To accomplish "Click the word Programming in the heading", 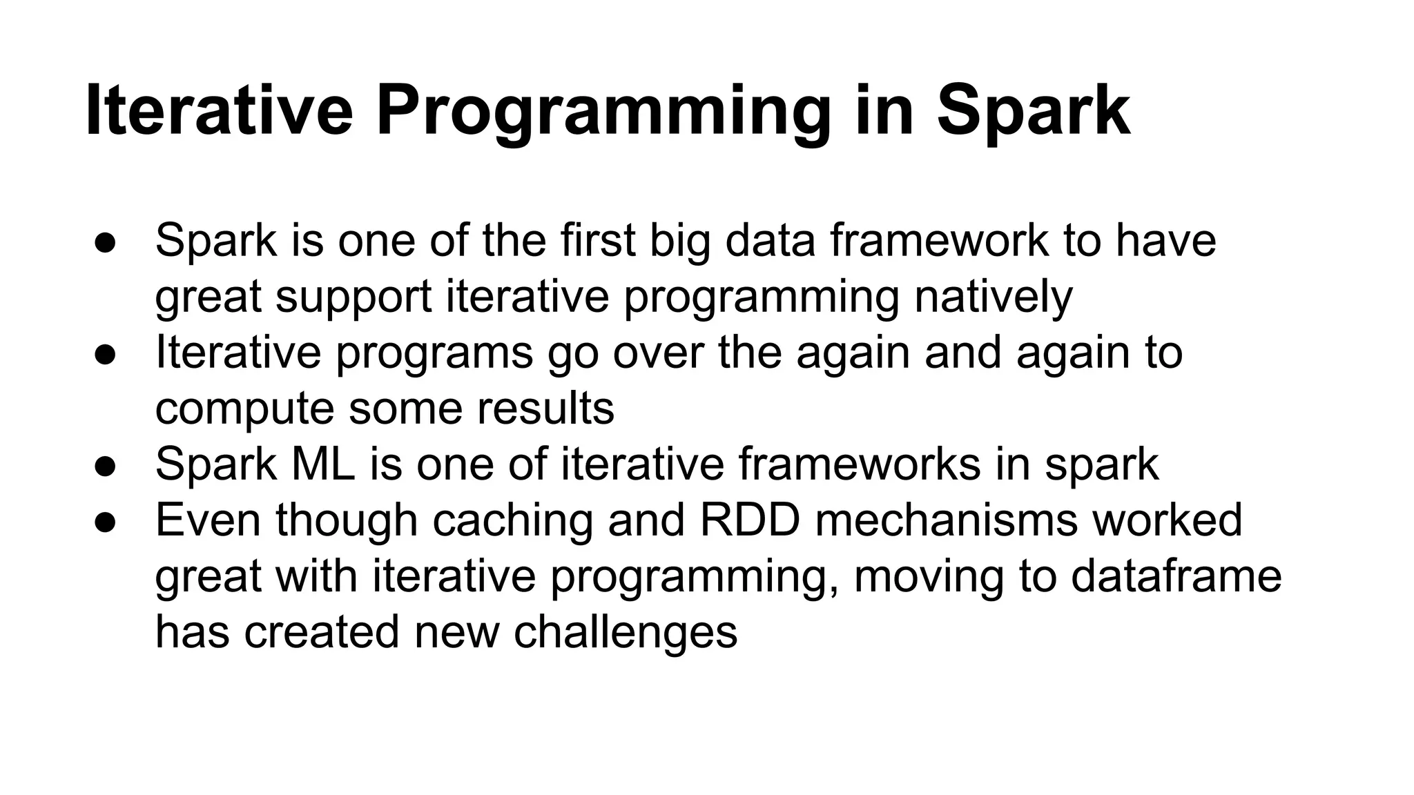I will point(603,112).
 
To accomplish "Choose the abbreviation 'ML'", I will point(323,464).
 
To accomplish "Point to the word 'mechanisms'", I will point(946,520).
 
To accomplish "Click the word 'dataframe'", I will point(1176,576).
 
